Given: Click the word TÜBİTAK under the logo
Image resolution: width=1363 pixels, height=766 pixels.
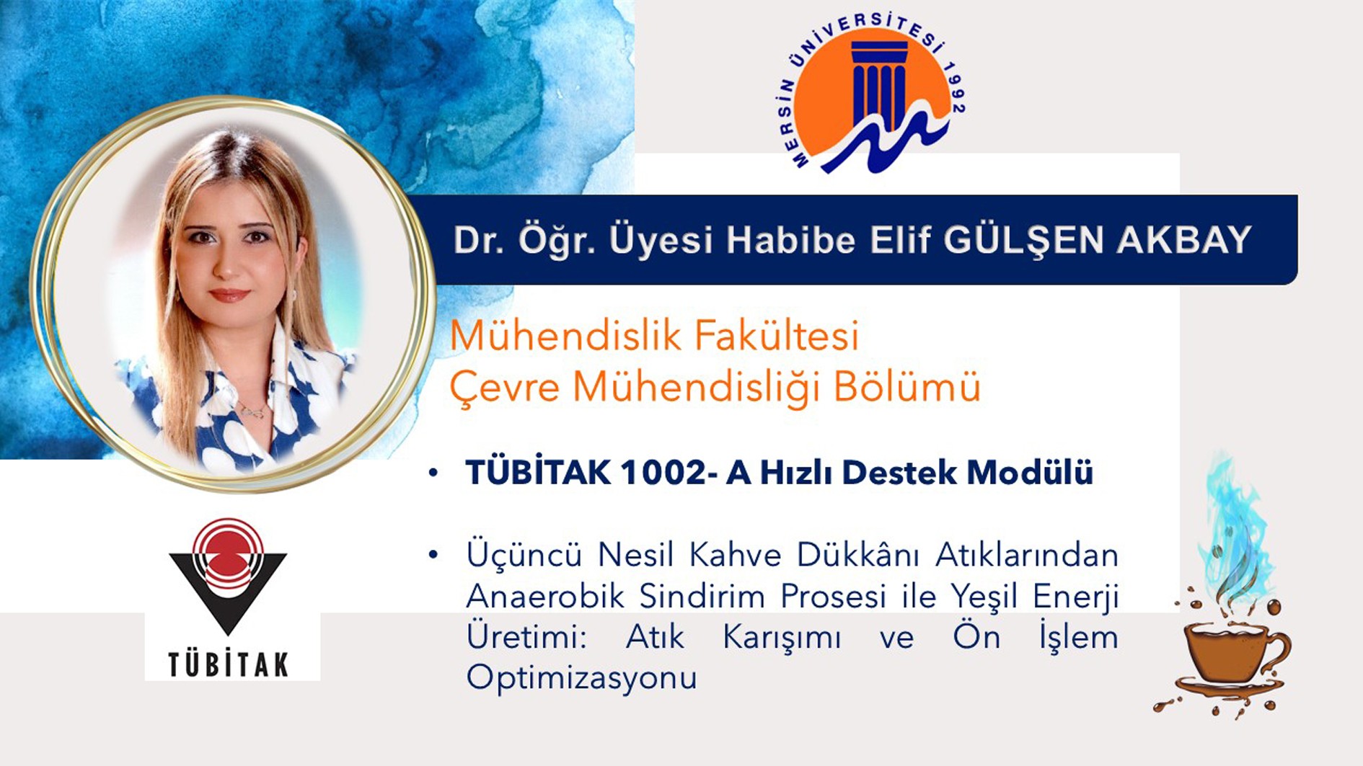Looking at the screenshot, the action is click(228, 664).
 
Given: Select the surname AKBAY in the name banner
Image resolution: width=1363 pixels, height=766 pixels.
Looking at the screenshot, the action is click(1183, 240).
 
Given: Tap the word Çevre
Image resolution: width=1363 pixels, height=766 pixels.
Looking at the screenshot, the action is click(505, 388).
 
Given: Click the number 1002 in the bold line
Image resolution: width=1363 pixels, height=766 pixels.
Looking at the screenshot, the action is click(662, 473).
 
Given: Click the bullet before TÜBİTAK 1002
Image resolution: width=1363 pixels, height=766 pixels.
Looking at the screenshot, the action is click(433, 473).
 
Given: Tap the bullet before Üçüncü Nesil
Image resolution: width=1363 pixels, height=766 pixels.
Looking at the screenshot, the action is click(433, 555).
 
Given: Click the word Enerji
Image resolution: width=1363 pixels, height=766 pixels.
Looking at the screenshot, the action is click(1075, 597).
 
